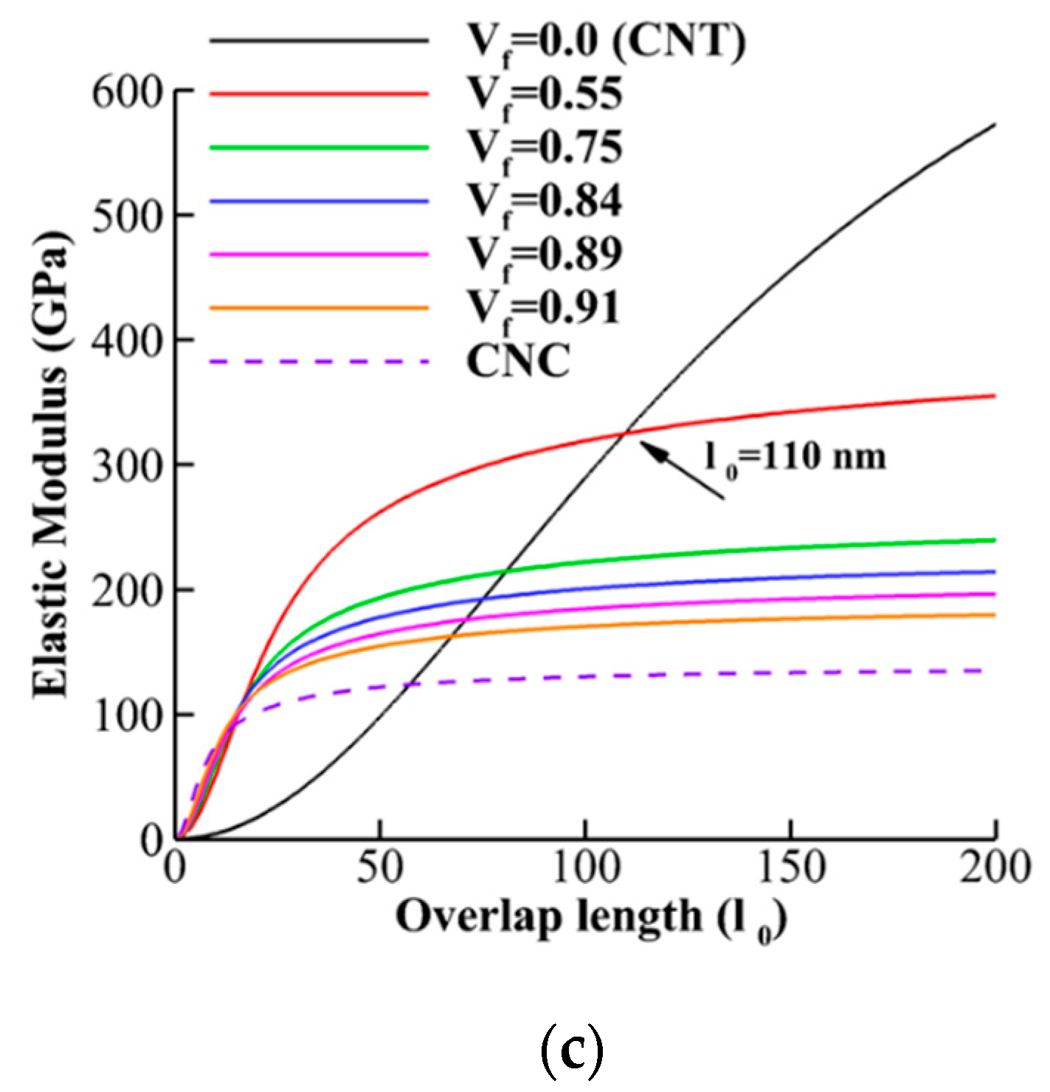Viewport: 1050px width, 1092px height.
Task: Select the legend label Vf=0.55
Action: point(545,96)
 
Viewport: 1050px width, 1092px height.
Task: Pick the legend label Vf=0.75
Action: point(545,148)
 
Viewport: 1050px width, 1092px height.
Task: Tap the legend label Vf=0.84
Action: point(545,202)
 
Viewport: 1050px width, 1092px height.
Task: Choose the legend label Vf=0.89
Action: point(545,255)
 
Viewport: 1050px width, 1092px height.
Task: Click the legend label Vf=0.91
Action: point(543,308)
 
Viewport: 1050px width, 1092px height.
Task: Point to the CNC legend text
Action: point(519,361)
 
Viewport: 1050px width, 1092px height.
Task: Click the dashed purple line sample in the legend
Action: point(319,361)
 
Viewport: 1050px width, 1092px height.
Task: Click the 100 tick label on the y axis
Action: point(126,715)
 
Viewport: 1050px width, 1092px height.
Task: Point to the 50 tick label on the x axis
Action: point(380,868)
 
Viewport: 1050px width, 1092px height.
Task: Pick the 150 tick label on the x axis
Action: point(791,868)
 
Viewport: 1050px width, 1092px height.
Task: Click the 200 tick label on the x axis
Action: point(995,868)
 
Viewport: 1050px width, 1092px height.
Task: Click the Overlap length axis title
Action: point(590,918)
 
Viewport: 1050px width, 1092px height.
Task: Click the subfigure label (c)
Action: point(572,1051)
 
